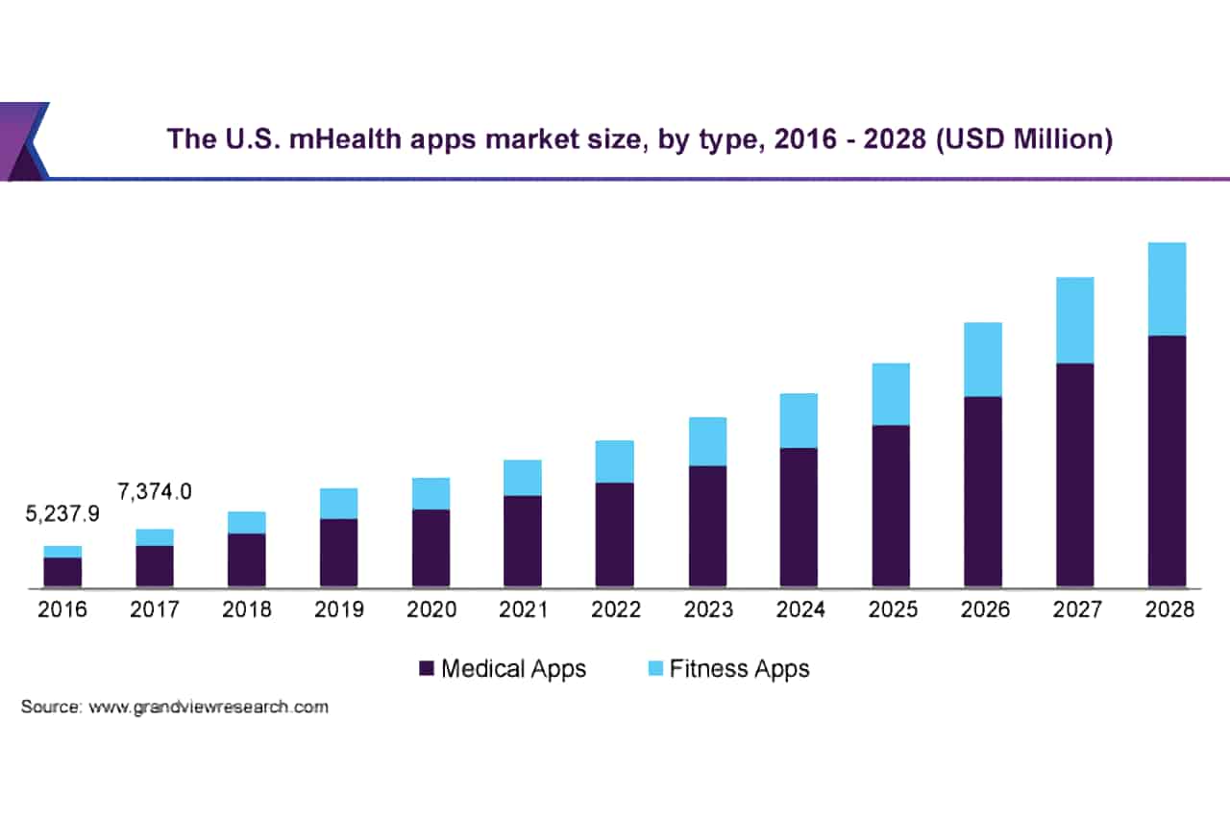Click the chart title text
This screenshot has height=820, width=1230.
tap(639, 138)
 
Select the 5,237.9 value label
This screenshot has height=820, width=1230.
tap(61, 515)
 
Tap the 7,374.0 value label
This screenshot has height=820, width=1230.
tap(154, 491)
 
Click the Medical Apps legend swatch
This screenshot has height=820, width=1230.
tap(427, 669)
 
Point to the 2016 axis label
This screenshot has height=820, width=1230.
tap(61, 609)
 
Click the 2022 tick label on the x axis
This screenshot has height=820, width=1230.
tap(615, 609)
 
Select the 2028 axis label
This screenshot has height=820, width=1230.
tap(1167, 609)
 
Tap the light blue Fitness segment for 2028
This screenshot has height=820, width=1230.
tap(1167, 288)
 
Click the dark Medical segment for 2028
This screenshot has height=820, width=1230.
tap(1167, 461)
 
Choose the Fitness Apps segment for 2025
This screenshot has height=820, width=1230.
tap(891, 394)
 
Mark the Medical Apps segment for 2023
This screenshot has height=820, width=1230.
tap(707, 526)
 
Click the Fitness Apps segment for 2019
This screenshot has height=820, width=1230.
tap(338, 503)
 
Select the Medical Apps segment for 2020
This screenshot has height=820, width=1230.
tap(430, 548)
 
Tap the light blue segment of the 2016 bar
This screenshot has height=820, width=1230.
tap(61, 551)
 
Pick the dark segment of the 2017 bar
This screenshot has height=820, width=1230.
tap(154, 566)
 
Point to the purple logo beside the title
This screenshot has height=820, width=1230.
tap(23, 141)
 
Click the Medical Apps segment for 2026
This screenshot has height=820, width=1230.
tap(983, 491)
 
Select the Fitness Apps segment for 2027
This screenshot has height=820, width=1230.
tap(1074, 320)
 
